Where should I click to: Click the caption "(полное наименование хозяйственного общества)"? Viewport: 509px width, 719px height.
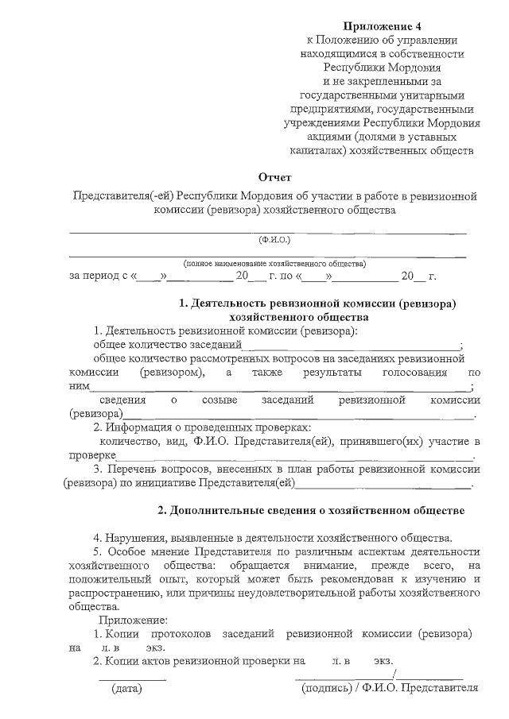coord(274,262)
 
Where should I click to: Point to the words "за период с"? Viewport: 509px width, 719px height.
coord(99,277)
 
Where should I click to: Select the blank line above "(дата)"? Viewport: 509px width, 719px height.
coord(132,678)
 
